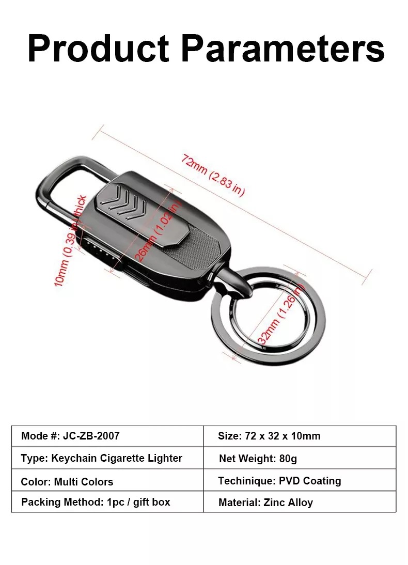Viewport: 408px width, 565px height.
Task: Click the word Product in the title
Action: (x=98, y=48)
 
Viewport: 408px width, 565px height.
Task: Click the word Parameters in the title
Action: (x=284, y=48)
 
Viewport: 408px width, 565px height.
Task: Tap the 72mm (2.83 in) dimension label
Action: (x=213, y=175)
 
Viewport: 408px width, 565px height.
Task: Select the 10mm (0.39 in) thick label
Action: (x=71, y=241)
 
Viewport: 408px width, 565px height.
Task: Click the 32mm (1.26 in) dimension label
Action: (x=281, y=313)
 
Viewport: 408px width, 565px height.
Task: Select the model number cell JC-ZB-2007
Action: (x=107, y=436)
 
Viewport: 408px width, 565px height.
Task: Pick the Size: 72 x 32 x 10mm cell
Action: (x=300, y=436)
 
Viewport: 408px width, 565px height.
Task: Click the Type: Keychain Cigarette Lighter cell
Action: (x=107, y=458)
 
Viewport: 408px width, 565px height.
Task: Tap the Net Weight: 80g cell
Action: (x=300, y=458)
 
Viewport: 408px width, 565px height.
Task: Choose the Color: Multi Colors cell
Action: (x=107, y=480)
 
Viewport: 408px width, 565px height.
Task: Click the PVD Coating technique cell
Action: (x=300, y=480)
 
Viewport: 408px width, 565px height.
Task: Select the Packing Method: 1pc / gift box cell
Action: (x=107, y=501)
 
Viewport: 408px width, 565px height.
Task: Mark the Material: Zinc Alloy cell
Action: (x=300, y=501)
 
